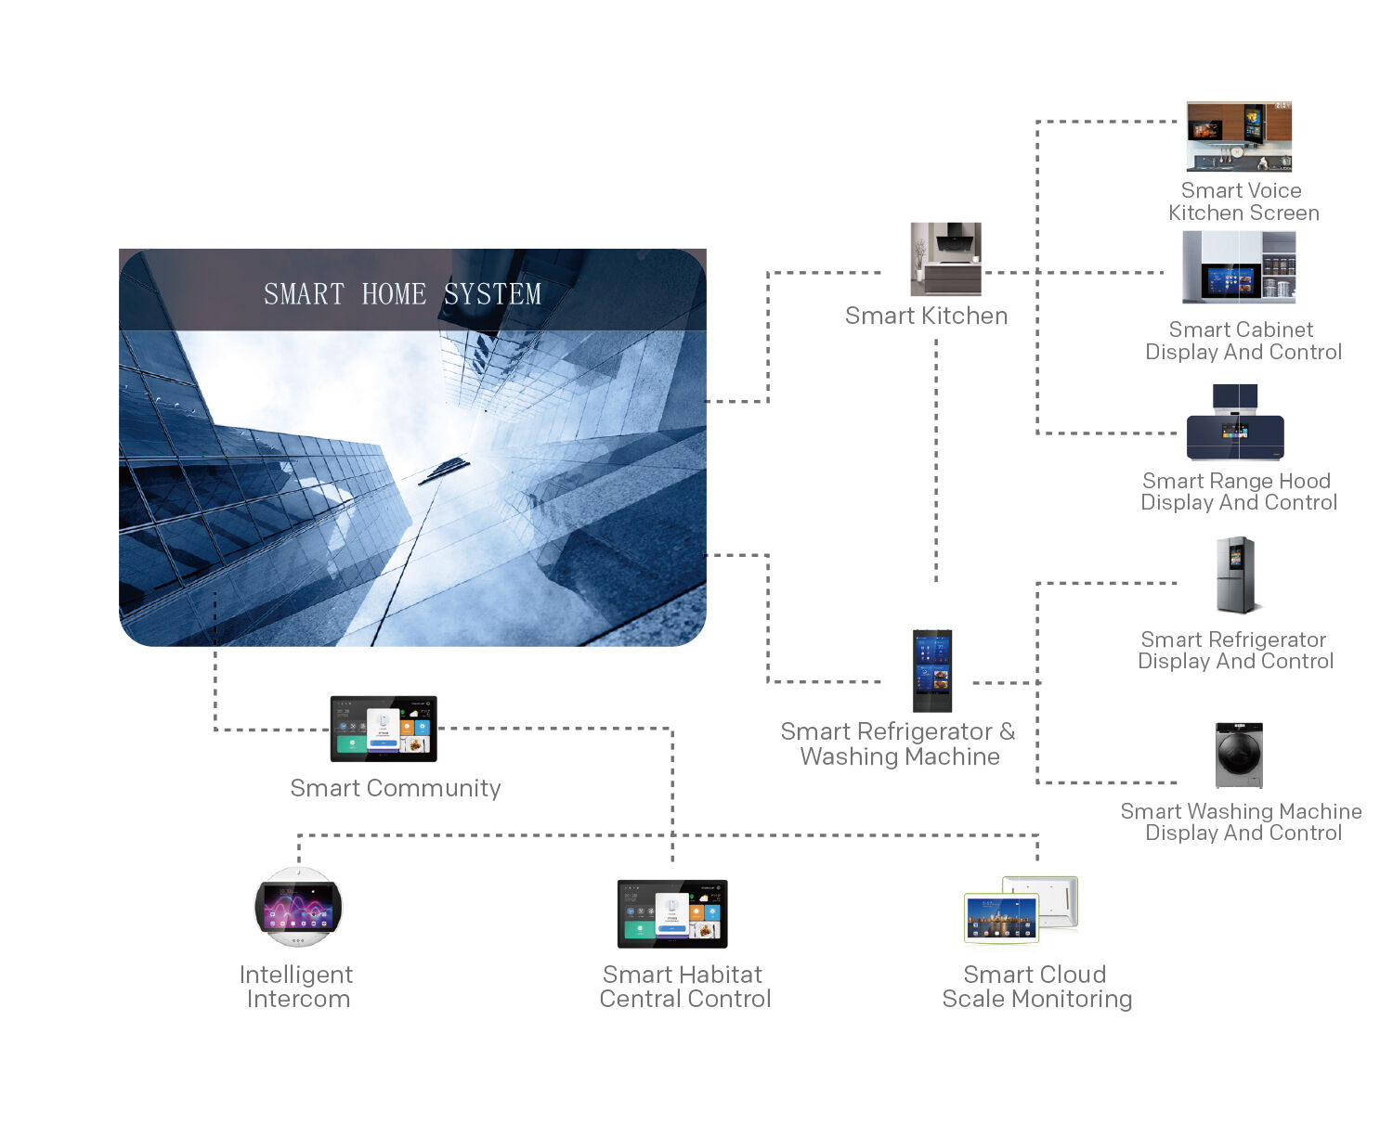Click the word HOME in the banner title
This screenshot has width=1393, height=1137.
394,294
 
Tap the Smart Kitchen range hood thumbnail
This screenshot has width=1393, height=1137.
945,259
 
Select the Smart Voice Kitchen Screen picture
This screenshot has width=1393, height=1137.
1239,136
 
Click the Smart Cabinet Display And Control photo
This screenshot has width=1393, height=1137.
1239,267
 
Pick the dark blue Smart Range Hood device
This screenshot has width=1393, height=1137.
1235,424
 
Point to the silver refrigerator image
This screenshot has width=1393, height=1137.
1236,575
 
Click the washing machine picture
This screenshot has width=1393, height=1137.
1239,756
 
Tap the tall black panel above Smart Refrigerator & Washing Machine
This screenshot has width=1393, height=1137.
932,670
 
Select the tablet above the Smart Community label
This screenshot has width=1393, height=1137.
384,729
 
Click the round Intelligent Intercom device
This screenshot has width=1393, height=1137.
298,907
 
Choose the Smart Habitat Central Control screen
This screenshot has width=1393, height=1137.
672,913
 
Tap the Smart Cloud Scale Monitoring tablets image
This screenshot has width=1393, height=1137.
1021,910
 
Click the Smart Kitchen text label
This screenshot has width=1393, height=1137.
926,317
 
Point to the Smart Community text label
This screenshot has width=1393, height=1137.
395,788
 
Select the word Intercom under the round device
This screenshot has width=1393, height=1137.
298,1000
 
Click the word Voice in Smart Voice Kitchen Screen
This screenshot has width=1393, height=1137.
1273,190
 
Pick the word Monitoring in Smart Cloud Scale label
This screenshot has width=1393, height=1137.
1072,1000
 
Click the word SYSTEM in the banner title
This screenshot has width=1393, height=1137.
492,294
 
